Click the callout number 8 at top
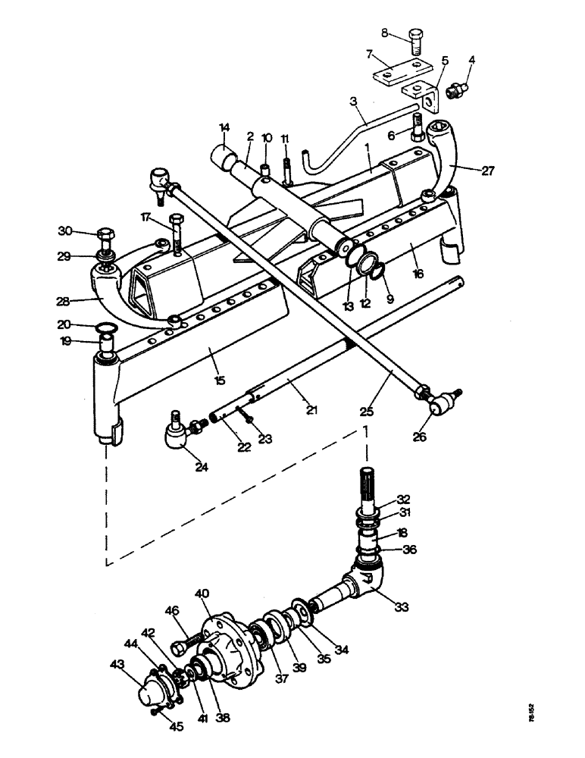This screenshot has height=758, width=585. click(x=384, y=33)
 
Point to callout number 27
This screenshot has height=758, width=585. click(x=488, y=171)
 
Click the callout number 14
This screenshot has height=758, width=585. click(x=224, y=127)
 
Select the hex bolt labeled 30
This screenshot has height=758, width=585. click(x=105, y=240)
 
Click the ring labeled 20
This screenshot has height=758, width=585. click(x=107, y=327)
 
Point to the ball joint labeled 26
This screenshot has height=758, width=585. click(x=438, y=403)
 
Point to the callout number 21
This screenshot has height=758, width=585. click(x=312, y=409)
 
